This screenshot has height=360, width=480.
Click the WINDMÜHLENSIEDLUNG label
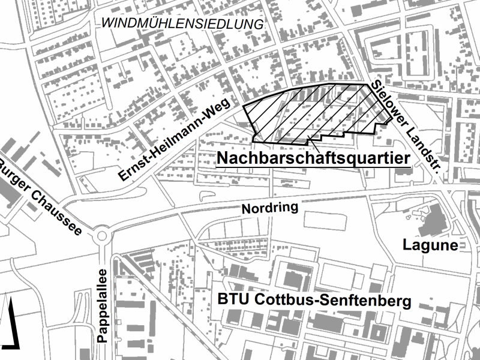tap(183, 25)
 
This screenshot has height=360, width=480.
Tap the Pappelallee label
tap(101, 305)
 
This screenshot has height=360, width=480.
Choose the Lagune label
tap(430, 245)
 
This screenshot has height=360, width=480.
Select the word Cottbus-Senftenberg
tap(333, 301)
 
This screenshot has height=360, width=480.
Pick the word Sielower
tap(390, 105)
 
